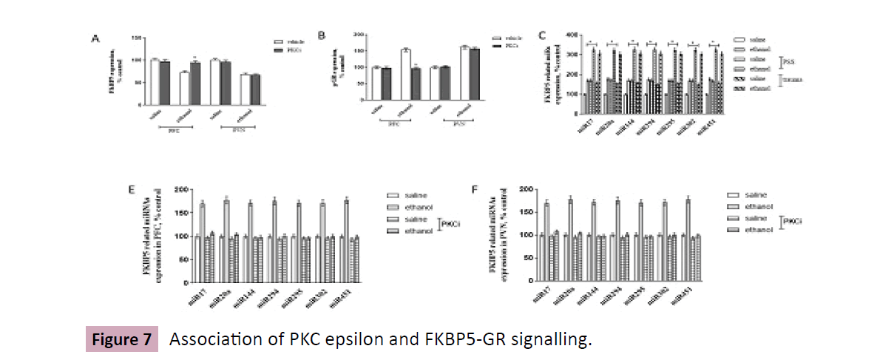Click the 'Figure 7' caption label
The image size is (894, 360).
click(x=123, y=340)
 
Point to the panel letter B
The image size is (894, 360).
click(x=320, y=35)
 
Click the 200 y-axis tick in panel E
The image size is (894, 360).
click(x=178, y=190)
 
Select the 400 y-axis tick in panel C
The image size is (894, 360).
click(x=571, y=34)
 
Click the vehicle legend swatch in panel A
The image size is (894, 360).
click(x=279, y=43)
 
